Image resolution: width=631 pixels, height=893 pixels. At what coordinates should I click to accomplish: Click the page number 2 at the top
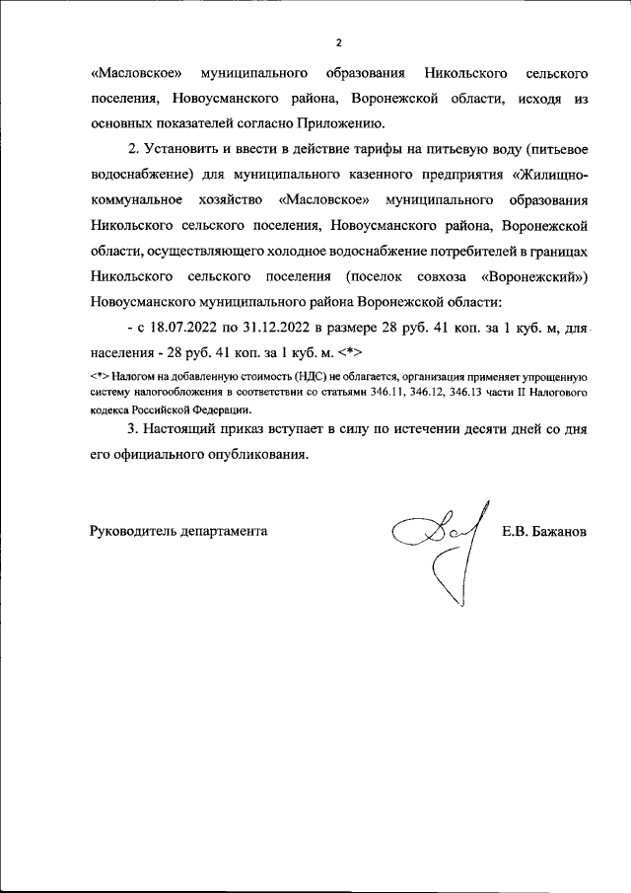337,42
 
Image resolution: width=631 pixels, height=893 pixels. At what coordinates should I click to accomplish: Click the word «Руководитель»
130,531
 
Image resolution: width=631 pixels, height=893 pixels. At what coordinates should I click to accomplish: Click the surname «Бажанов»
558,531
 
